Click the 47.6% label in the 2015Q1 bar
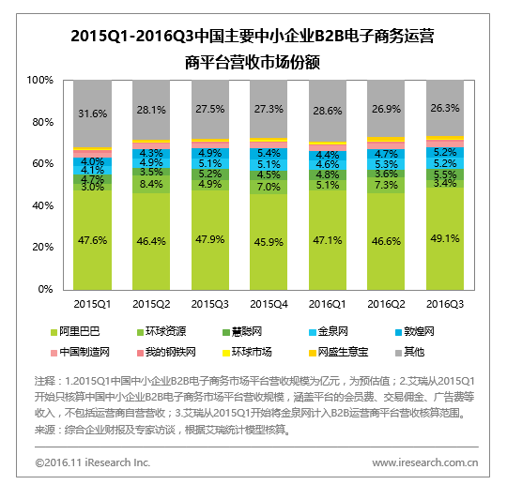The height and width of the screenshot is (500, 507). tap(92, 241)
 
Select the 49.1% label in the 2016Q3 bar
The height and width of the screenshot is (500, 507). tap(444, 238)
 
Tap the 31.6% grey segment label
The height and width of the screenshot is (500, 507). tap(92, 114)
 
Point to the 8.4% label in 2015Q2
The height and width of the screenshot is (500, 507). tap(151, 184)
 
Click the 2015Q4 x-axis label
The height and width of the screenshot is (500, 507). tap(269, 304)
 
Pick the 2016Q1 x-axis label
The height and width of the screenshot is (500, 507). tap(327, 304)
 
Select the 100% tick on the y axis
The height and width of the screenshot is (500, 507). tap(40, 81)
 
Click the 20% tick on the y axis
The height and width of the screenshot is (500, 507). tap(43, 248)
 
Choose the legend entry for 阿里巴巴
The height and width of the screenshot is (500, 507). tap(78, 333)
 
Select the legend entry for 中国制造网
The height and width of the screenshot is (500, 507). tap(83, 352)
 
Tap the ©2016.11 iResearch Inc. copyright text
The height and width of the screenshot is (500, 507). tap(93, 462)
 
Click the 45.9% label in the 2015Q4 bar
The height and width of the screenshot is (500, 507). tap(269, 242)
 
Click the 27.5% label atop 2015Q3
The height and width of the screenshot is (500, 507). tap(209, 110)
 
